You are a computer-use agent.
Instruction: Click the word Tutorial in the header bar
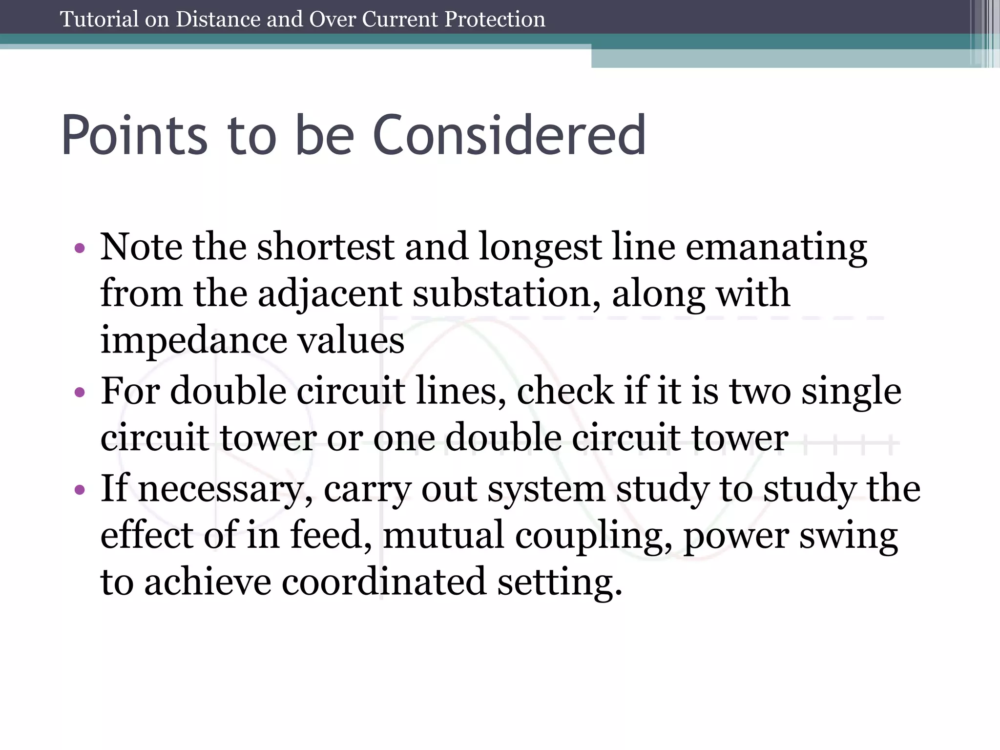(x=99, y=20)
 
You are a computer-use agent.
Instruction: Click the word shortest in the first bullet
(x=326, y=247)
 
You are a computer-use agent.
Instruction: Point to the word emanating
(x=776, y=247)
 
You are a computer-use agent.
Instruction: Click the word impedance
(x=194, y=340)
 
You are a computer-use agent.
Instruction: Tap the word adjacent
(x=330, y=293)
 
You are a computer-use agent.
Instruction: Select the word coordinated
(x=384, y=582)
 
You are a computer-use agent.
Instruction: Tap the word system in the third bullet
(x=546, y=489)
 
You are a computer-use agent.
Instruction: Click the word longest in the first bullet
(x=540, y=247)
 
